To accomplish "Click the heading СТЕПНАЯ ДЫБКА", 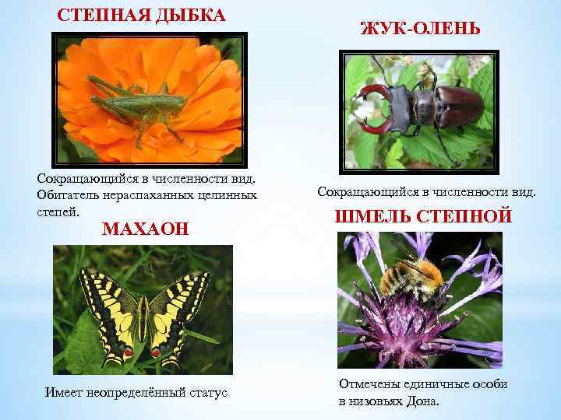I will [x=142, y=16].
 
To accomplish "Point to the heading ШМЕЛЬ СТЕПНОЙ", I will [x=423, y=217].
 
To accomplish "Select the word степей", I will [x=57, y=210].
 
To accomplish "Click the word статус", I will [x=206, y=393].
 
